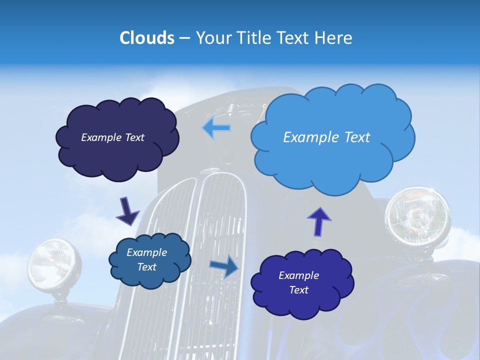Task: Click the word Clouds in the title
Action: coord(147,38)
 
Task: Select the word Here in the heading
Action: coord(334,38)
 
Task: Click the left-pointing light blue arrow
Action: coord(216,128)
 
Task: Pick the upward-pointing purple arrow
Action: coord(318,221)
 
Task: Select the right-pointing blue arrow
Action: coord(224,266)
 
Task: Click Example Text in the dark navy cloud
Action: coord(112,137)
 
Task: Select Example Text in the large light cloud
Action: coord(326,137)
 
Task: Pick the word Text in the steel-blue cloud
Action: coord(147,267)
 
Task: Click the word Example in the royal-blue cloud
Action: coord(298,275)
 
